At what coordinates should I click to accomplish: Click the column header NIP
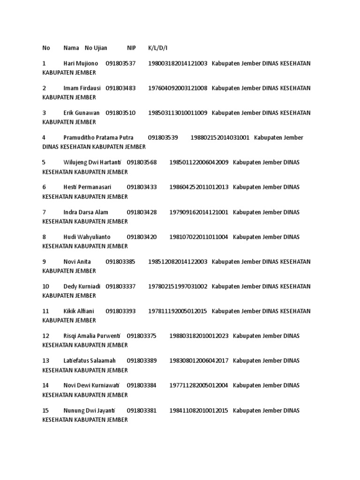pos(131,48)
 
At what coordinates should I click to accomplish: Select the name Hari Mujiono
pos(81,63)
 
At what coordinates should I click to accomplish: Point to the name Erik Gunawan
pos(82,113)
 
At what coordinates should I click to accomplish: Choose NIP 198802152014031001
pos(220,138)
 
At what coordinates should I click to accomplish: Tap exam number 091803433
pos(142,187)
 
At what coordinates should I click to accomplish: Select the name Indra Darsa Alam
pos(86,212)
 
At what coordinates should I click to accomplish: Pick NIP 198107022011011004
pos(199,237)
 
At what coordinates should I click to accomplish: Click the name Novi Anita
pos(77,262)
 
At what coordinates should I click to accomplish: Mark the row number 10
pos(45,286)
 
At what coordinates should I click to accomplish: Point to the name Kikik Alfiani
pos(79,311)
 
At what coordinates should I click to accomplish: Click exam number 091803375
pos(142,336)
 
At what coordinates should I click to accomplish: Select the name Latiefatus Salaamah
pos(90,361)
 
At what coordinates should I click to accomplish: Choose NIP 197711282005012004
pos(199,385)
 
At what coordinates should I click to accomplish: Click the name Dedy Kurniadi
pos(82,286)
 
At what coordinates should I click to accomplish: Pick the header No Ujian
pos(96,48)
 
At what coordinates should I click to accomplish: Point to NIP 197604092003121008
pos(178,88)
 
